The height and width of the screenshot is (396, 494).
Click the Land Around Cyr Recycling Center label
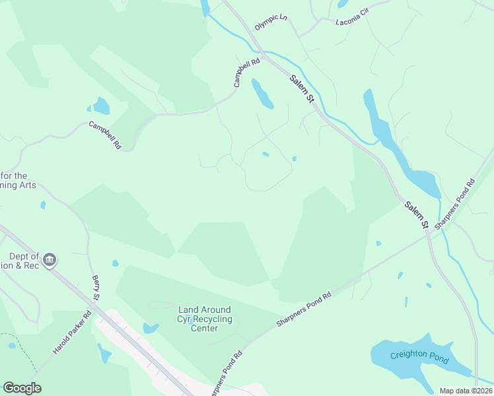(x=205, y=319)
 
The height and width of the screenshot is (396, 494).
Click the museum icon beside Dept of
(x=50, y=261)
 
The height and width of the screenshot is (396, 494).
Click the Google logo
(x=22, y=388)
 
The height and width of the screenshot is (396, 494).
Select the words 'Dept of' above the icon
(x=25, y=257)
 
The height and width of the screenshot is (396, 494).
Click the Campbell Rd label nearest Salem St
(x=246, y=73)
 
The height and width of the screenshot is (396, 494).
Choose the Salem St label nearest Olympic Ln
(x=301, y=88)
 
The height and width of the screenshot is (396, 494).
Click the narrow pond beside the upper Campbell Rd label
(x=262, y=94)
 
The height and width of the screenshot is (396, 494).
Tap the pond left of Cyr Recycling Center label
(x=151, y=328)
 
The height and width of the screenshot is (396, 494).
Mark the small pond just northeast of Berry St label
(x=116, y=263)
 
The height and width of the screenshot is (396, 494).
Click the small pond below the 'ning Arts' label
(x=43, y=205)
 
